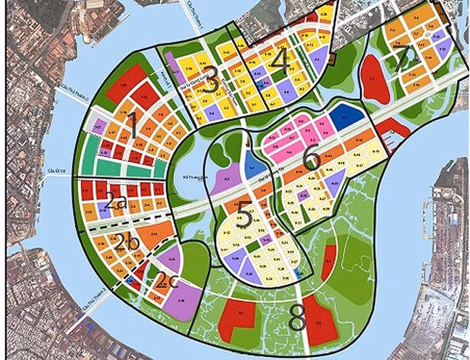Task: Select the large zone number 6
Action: tap(312, 158)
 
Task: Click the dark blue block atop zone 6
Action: tap(346, 113)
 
